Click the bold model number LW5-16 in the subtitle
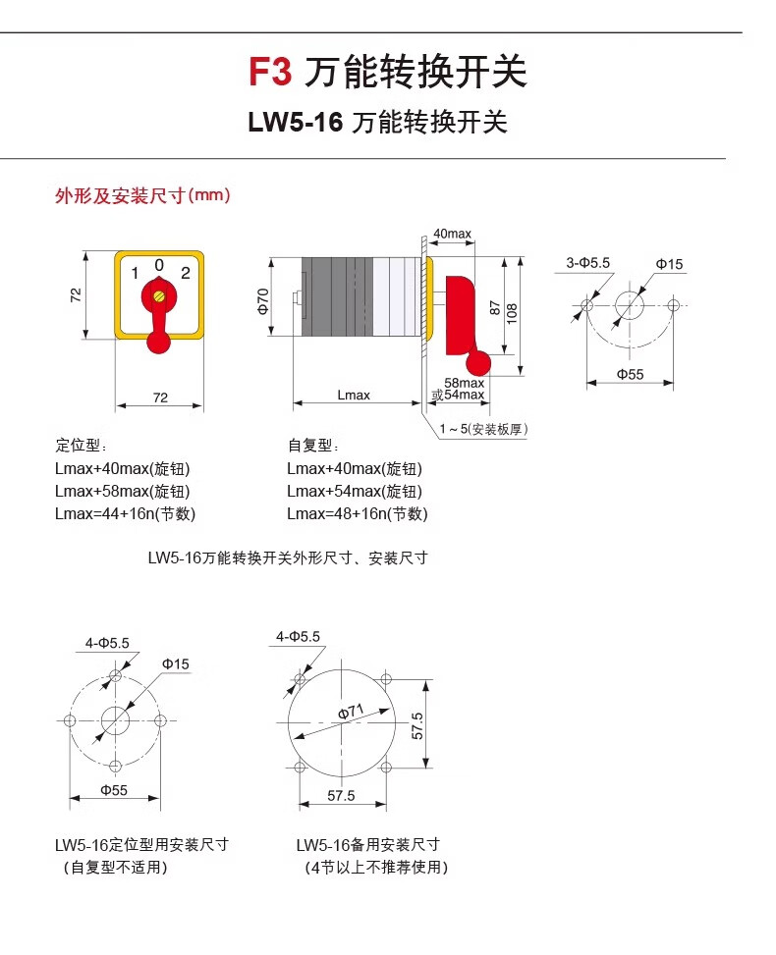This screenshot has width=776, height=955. [x=295, y=123]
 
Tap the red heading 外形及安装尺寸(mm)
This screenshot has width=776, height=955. [x=142, y=195]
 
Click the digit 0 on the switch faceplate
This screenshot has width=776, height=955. [x=159, y=264]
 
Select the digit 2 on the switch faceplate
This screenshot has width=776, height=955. [x=185, y=274]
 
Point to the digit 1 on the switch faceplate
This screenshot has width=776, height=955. [x=135, y=274]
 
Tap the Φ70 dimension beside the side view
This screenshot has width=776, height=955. [x=263, y=300]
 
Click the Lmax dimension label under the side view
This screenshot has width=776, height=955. [x=354, y=395]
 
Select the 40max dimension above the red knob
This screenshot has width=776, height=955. [x=452, y=234]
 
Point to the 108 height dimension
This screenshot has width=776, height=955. [x=512, y=313]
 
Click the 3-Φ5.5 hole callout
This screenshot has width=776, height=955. [x=588, y=263]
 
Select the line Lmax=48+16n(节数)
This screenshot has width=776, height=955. [x=357, y=513]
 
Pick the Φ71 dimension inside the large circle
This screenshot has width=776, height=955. [x=350, y=712]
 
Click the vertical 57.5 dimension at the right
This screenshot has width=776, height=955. [x=417, y=725]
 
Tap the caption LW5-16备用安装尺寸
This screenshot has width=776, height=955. [x=367, y=844]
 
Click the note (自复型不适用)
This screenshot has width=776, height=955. [x=115, y=867]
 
